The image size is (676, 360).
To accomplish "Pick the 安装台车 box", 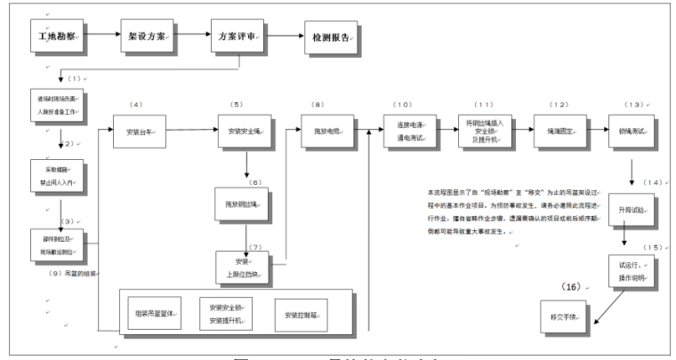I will click(142, 132).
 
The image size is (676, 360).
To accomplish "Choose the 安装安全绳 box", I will click(245, 132).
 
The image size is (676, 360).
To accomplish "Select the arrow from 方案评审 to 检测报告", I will click(285, 38).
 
